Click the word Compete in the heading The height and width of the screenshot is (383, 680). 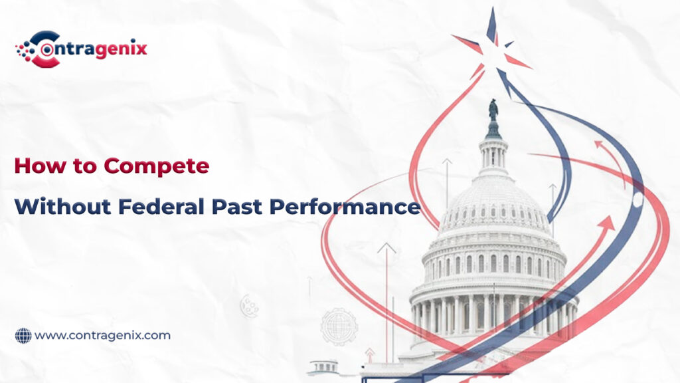pyautogui.click(x=157, y=166)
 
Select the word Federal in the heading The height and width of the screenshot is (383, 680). pyautogui.click(x=161, y=206)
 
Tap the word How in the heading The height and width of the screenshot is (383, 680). pyautogui.click(x=41, y=166)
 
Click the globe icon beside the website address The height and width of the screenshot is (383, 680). pyautogui.click(x=23, y=336)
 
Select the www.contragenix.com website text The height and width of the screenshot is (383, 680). pyautogui.click(x=102, y=336)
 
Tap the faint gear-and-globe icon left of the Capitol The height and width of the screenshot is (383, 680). pyautogui.click(x=339, y=326)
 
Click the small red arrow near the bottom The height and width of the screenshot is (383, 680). pyautogui.click(x=370, y=355)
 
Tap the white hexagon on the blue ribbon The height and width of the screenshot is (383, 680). pyautogui.click(x=638, y=199)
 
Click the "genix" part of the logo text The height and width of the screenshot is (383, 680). pyautogui.click(x=121, y=49)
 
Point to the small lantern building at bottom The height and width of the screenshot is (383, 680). pyautogui.click(x=324, y=367)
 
